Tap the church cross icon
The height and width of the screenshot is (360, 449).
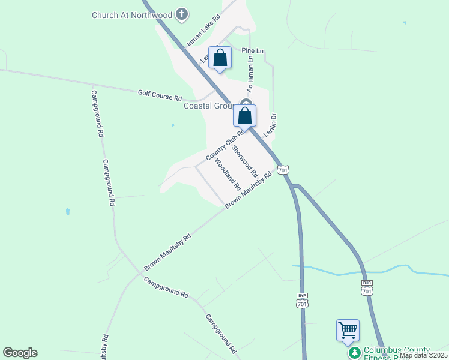coord(183,14)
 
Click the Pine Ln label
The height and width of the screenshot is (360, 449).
coord(253,51)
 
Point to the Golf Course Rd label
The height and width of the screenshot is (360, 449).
coord(160,94)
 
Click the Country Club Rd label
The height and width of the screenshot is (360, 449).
coord(226,146)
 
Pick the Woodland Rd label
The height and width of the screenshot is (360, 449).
coord(228,173)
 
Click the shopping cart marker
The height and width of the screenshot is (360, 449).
coord(348,330)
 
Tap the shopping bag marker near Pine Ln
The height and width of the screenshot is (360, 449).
coord(220,58)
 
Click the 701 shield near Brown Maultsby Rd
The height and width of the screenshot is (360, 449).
coord(284,170)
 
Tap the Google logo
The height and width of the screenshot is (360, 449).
coord(20,353)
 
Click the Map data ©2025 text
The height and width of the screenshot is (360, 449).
coord(424,355)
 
